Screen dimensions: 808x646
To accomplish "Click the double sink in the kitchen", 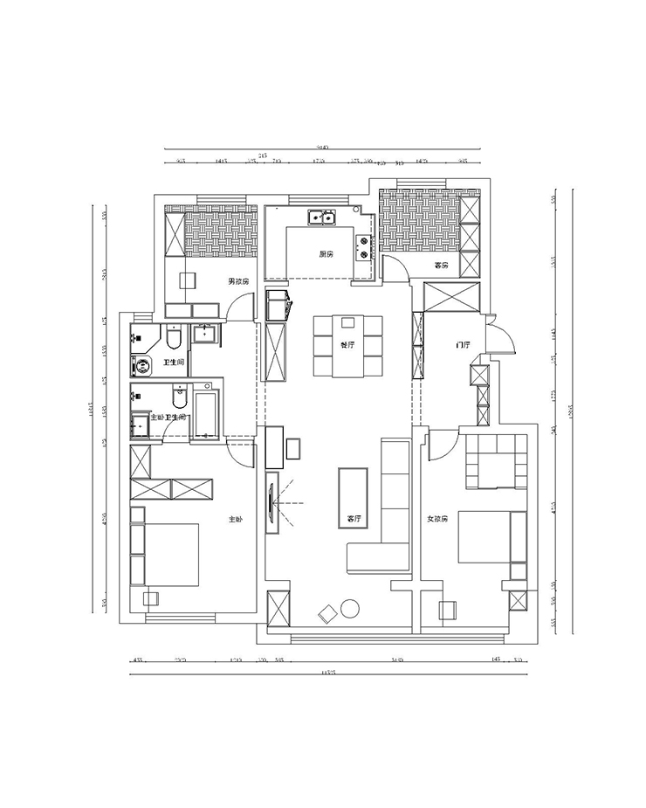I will [320, 217].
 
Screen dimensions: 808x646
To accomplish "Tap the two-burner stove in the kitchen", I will [361, 247].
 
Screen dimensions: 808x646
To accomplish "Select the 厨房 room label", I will [326, 254].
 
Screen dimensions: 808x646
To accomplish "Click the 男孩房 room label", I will [238, 281].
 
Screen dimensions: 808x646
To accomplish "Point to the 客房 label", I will [441, 265].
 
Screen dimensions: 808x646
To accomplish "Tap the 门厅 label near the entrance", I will [463, 345].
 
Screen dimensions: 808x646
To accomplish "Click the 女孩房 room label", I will [437, 519].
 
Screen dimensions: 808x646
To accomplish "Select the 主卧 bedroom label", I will [235, 520].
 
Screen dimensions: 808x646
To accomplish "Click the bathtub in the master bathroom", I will [206, 414].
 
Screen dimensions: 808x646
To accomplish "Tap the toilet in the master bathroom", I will [181, 397].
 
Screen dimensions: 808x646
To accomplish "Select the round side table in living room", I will [351, 609].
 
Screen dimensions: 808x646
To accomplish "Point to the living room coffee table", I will [353, 499].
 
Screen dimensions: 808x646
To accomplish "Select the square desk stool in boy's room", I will [186, 280].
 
